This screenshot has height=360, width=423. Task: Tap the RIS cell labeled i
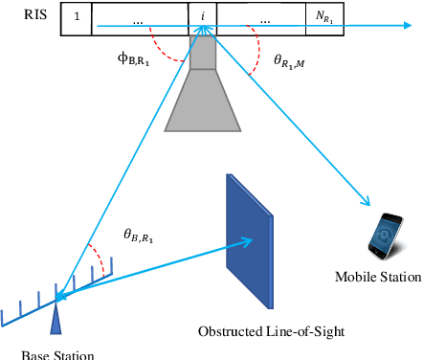[x=203, y=18]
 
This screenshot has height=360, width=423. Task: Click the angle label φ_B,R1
[x=133, y=56]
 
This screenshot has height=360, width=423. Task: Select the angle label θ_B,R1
[x=144, y=233]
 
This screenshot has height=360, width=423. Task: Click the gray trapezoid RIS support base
[x=202, y=101]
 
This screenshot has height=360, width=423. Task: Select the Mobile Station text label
[x=377, y=278]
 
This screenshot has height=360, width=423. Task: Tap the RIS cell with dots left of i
[x=139, y=18]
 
